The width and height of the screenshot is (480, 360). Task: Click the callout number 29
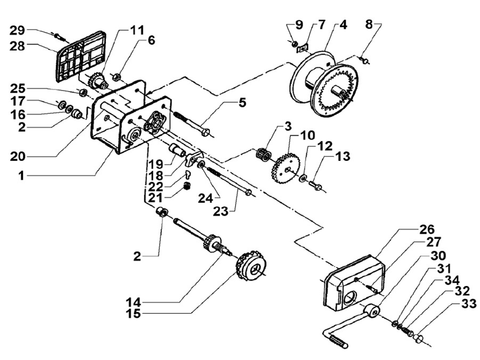point(17,30)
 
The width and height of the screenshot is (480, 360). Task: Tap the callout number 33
point(469,304)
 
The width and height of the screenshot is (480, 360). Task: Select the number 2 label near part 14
point(137,257)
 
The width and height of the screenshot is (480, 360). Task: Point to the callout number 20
point(18,157)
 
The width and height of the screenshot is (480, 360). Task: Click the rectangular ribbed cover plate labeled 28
point(81,56)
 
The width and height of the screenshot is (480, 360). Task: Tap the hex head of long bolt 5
point(206,133)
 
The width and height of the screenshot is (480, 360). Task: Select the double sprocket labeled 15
point(251,266)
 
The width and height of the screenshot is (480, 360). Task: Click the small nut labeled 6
point(117,77)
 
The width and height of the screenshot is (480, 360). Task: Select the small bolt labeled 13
point(315,185)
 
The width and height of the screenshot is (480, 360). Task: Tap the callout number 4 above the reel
point(343,25)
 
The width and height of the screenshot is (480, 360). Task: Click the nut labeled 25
point(83,92)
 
